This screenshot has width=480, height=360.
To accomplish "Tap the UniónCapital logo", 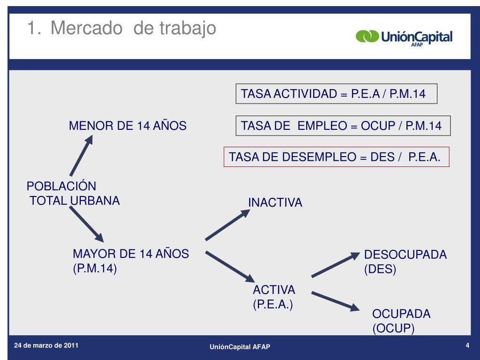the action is pos(404,37).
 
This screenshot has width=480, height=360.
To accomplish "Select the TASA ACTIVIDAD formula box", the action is pos(336,94).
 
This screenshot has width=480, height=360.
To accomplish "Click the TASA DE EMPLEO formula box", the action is pos(343,126).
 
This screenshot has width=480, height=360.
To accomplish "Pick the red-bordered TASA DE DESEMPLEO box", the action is pos(336,157).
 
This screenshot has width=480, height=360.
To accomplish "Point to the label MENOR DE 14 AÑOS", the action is pos(127,126).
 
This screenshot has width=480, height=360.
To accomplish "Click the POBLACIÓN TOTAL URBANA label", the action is pos(73,193).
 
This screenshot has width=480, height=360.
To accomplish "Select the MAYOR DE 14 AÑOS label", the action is pos(130,254).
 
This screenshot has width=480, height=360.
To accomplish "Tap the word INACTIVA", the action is pos(275,202).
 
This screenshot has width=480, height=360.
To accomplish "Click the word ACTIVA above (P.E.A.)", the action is pos(274,289).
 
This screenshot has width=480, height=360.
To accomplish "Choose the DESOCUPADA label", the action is pos(405,255).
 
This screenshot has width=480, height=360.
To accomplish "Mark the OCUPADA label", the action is pos(401,314).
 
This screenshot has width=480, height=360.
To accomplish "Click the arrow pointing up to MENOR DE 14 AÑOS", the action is pos(82,155).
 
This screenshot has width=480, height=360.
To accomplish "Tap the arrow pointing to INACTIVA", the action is pos(228,225).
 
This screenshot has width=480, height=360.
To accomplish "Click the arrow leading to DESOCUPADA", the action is pos(335,264).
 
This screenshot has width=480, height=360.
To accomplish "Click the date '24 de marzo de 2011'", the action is pos(46,345).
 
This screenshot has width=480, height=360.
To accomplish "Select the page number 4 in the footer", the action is pos(467,346).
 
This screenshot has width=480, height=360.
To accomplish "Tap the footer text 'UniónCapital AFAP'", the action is pos(240,346).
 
